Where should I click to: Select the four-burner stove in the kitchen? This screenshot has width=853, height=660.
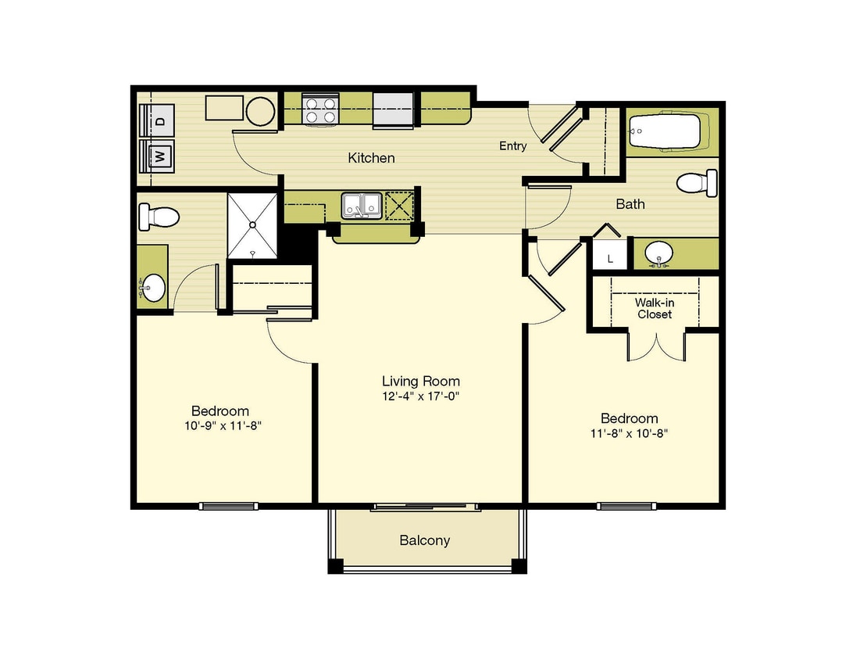(x=320, y=109)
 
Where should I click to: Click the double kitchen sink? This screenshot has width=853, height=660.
(x=361, y=206)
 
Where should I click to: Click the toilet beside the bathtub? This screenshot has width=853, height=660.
(x=697, y=183)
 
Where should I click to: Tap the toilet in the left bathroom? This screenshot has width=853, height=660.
(x=159, y=217)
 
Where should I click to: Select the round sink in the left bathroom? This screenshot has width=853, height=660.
(x=152, y=287)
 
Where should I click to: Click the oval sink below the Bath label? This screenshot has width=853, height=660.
(x=658, y=254)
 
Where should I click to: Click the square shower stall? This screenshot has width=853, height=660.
(x=252, y=225)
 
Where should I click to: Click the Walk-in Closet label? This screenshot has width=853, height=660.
(x=655, y=308)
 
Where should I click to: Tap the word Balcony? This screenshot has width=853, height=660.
(x=424, y=540)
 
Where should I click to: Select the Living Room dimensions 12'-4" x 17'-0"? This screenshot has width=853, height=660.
(x=420, y=396)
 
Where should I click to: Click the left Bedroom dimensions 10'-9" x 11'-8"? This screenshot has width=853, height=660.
(x=223, y=425)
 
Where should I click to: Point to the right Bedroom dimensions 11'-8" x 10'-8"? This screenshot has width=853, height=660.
(x=629, y=433)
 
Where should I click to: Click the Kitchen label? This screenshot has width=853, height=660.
(x=372, y=158)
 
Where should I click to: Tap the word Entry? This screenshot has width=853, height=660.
(x=513, y=146)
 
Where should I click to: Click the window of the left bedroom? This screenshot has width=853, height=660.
(x=228, y=506)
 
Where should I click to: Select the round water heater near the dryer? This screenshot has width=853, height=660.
(x=260, y=112)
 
